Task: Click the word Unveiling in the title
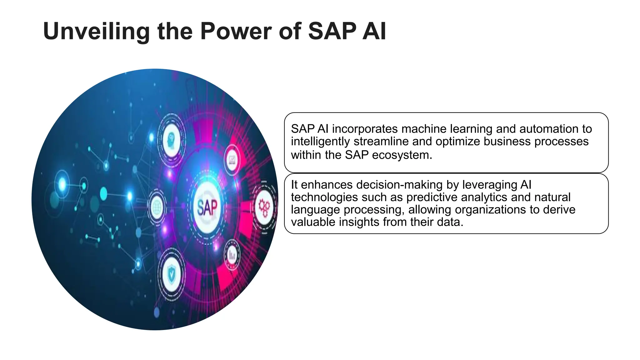click(96, 31)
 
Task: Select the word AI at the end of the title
click(374, 31)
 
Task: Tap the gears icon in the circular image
click(264, 207)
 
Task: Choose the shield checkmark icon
click(171, 274)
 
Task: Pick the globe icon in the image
click(157, 207)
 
